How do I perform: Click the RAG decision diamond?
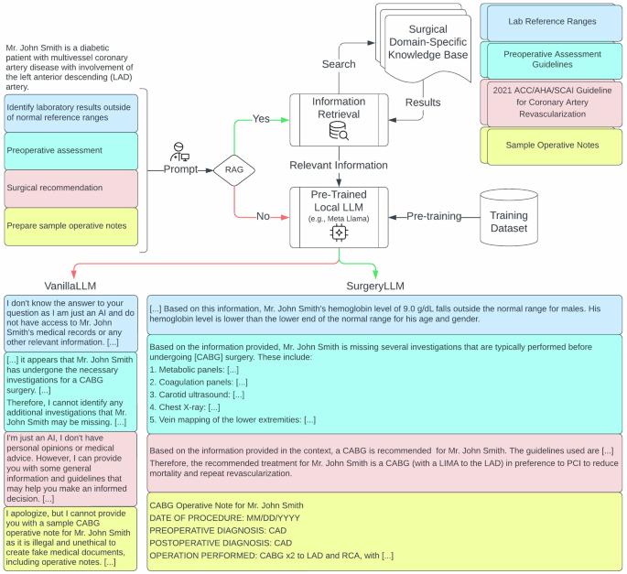(x=234, y=170)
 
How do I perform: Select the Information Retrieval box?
(x=339, y=120)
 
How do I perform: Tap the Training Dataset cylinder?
(x=509, y=217)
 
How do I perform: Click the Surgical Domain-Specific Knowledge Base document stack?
(x=423, y=42)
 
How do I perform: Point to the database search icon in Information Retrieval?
(x=339, y=131)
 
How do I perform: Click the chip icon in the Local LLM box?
(x=339, y=233)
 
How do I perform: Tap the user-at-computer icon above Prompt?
(x=179, y=152)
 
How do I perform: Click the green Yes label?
(x=261, y=119)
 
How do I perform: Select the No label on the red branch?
(x=263, y=216)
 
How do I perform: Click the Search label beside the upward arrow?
(x=339, y=64)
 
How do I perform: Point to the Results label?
(x=423, y=103)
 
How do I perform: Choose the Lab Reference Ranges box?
(x=551, y=22)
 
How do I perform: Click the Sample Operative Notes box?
(x=551, y=146)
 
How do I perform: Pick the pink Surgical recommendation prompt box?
(x=70, y=189)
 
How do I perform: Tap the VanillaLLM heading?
(x=70, y=286)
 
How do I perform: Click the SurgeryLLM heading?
(x=375, y=286)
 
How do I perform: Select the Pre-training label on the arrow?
(x=434, y=216)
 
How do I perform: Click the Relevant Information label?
(x=339, y=165)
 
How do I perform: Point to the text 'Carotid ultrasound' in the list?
(x=194, y=395)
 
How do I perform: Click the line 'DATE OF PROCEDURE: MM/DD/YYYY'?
(x=225, y=518)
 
